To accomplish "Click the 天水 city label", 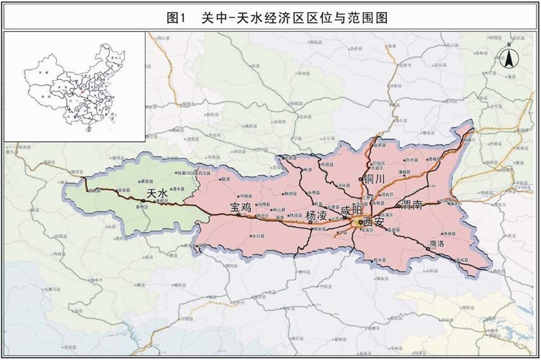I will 157,193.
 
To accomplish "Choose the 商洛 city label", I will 437,244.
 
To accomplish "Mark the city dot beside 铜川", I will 360,179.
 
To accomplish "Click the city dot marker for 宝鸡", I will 238,215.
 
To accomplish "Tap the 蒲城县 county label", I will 405,172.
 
